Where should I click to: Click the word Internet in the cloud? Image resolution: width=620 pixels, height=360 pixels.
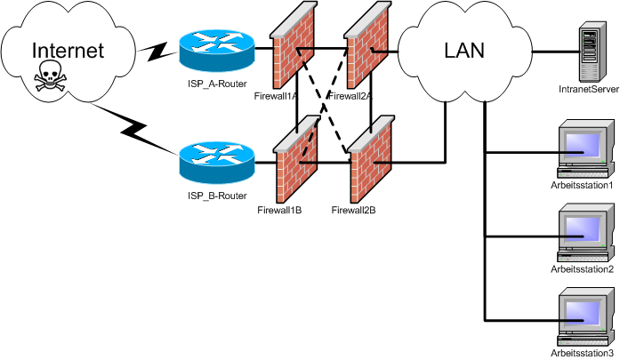68,50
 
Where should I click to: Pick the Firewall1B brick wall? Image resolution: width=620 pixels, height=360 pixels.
294,160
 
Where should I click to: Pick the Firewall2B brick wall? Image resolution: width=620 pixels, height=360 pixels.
368,160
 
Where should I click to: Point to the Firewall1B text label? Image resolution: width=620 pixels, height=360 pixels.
279,211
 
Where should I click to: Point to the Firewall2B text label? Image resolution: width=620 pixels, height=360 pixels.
353,211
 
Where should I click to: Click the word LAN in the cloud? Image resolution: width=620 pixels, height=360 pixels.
463,51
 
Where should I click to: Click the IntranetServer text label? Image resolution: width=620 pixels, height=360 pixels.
588,90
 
